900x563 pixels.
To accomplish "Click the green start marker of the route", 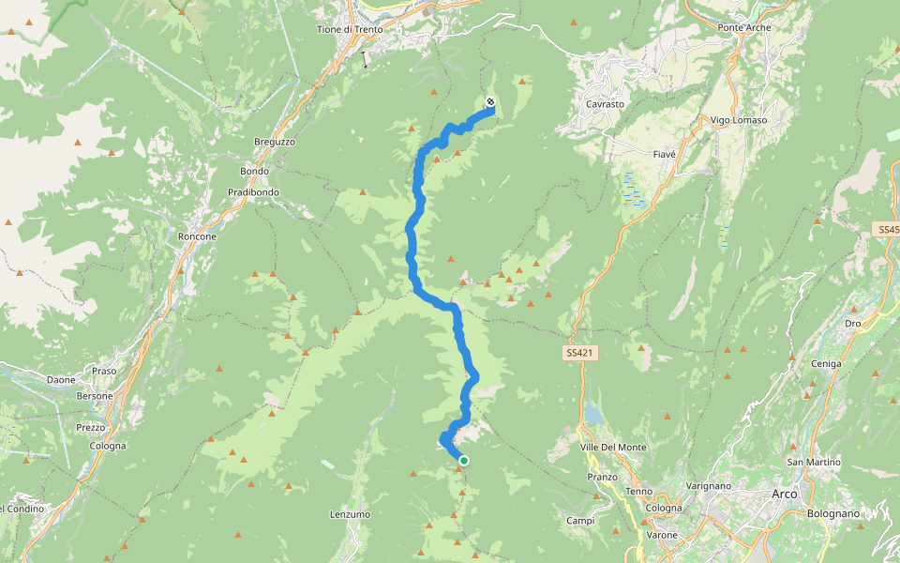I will [x=463, y=460].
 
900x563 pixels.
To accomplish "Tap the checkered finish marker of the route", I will [x=490, y=102].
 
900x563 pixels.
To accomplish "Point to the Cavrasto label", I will [x=605, y=104].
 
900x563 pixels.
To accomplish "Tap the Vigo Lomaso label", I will [x=739, y=120].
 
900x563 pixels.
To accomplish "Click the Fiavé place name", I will [x=664, y=153].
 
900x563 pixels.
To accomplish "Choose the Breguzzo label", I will [x=275, y=142].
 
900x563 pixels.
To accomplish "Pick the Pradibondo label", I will [x=253, y=192].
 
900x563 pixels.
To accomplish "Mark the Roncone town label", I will [x=197, y=236].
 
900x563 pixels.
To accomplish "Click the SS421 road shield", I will [x=581, y=353].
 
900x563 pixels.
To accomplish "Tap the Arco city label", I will [x=784, y=494].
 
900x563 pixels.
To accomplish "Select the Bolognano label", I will [x=832, y=513].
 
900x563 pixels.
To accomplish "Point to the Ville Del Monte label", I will [x=615, y=447].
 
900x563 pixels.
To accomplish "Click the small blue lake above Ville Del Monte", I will [x=593, y=414].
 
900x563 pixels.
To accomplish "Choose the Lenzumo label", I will [x=350, y=514].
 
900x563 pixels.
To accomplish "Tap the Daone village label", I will [x=61, y=380].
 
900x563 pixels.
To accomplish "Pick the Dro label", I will [x=852, y=323].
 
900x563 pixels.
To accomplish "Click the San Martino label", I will [x=814, y=462].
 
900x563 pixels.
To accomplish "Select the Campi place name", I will [x=580, y=521].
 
